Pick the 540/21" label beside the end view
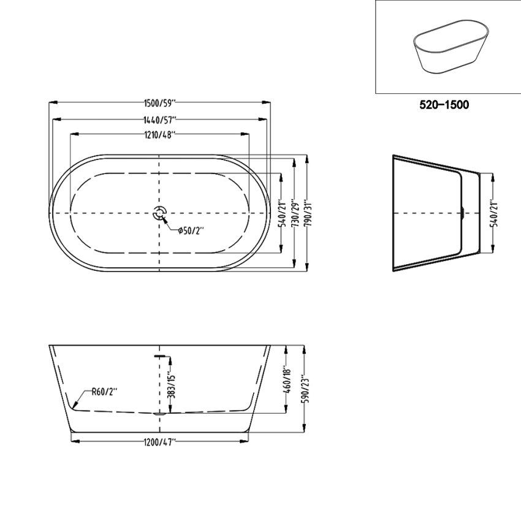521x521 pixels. [x=495, y=213]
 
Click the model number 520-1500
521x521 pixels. [x=444, y=105]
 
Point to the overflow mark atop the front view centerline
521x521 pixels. [x=160, y=355]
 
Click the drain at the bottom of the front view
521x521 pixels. [x=160, y=414]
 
